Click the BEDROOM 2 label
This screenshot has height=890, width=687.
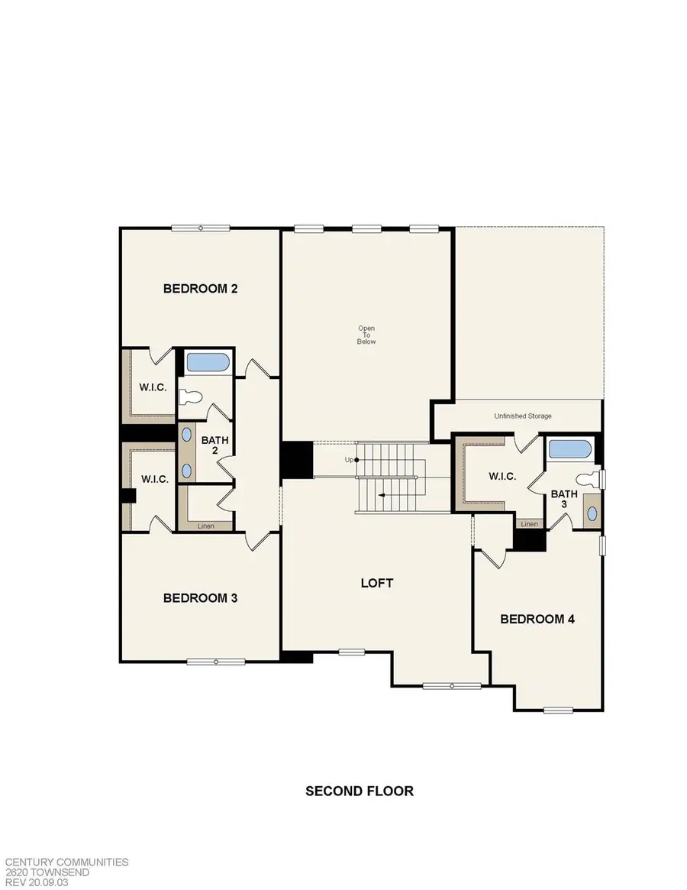point(201,289)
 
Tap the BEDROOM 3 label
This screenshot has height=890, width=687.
point(200,598)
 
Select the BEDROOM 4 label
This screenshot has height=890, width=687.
point(537,619)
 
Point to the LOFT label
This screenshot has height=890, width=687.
point(377,583)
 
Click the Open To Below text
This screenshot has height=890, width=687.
point(366,335)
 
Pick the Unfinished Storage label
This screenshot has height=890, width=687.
point(523,416)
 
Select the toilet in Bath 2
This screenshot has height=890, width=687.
point(191,396)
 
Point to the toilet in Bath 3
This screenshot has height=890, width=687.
point(589,480)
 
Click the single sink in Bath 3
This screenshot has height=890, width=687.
point(591,511)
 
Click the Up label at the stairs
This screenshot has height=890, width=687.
point(350,460)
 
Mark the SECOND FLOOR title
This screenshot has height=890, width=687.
point(360,791)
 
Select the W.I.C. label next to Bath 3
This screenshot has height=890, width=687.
point(502,476)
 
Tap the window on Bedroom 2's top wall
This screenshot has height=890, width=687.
point(201,228)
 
